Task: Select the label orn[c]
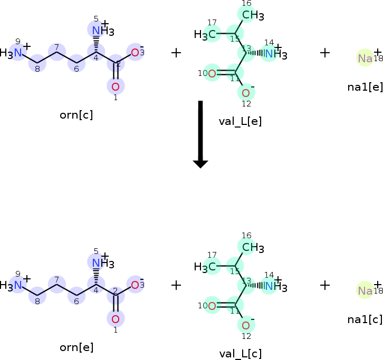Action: tap(76, 115)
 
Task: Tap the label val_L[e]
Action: tap(240, 121)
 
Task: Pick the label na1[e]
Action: tap(365, 87)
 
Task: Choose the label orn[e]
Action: tap(76, 347)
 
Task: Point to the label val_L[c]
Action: tap(240, 354)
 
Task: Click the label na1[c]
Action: tap(365, 319)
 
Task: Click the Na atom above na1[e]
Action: tap(365, 58)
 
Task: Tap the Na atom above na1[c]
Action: tap(365, 290)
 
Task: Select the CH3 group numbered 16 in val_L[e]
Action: tap(253, 15)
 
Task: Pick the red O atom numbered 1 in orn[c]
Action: tap(116, 86)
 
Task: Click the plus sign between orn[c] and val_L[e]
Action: tap(176, 53)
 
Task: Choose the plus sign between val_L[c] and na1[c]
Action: tap(325, 285)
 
